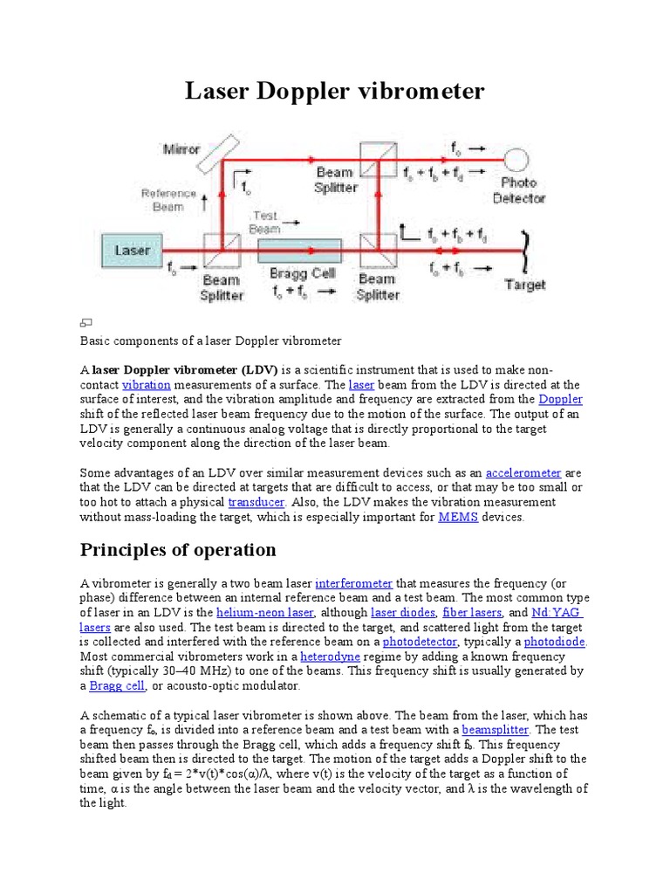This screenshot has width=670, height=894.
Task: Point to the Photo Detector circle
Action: tap(517, 159)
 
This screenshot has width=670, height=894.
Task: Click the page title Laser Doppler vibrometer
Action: tap(334, 91)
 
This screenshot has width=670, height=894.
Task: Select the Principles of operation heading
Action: tap(178, 550)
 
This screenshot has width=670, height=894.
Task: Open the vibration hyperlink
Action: tap(147, 384)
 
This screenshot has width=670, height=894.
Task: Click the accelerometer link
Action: tap(523, 472)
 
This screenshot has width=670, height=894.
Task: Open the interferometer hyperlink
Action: tap(353, 583)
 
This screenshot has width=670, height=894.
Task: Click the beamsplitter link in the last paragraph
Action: tap(496, 729)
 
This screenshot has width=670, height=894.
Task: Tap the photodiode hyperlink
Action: tap(554, 642)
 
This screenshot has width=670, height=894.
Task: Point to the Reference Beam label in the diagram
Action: tap(163, 200)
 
